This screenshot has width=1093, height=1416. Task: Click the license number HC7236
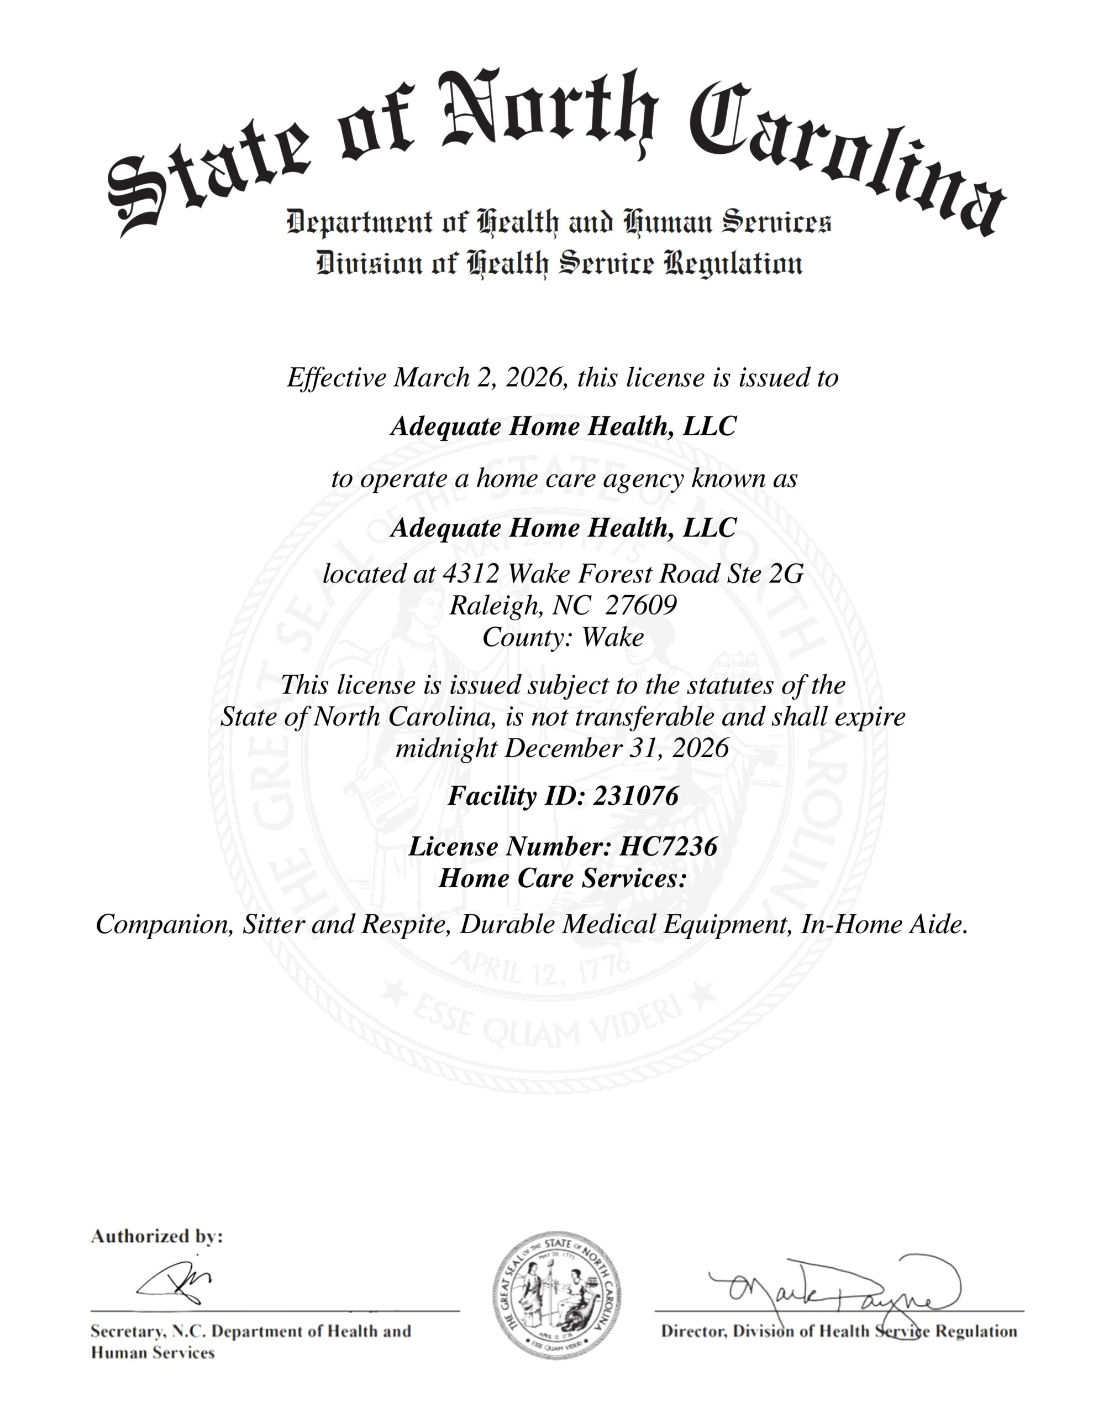coord(668,847)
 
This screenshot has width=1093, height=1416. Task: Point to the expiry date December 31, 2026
coord(616,748)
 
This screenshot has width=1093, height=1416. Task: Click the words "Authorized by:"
coord(157,1237)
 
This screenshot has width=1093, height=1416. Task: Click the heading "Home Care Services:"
coord(563,878)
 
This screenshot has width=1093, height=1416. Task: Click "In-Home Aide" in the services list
coord(882,925)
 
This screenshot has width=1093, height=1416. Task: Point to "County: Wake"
coord(563,637)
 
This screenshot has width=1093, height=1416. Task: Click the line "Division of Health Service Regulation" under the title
coord(559,264)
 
